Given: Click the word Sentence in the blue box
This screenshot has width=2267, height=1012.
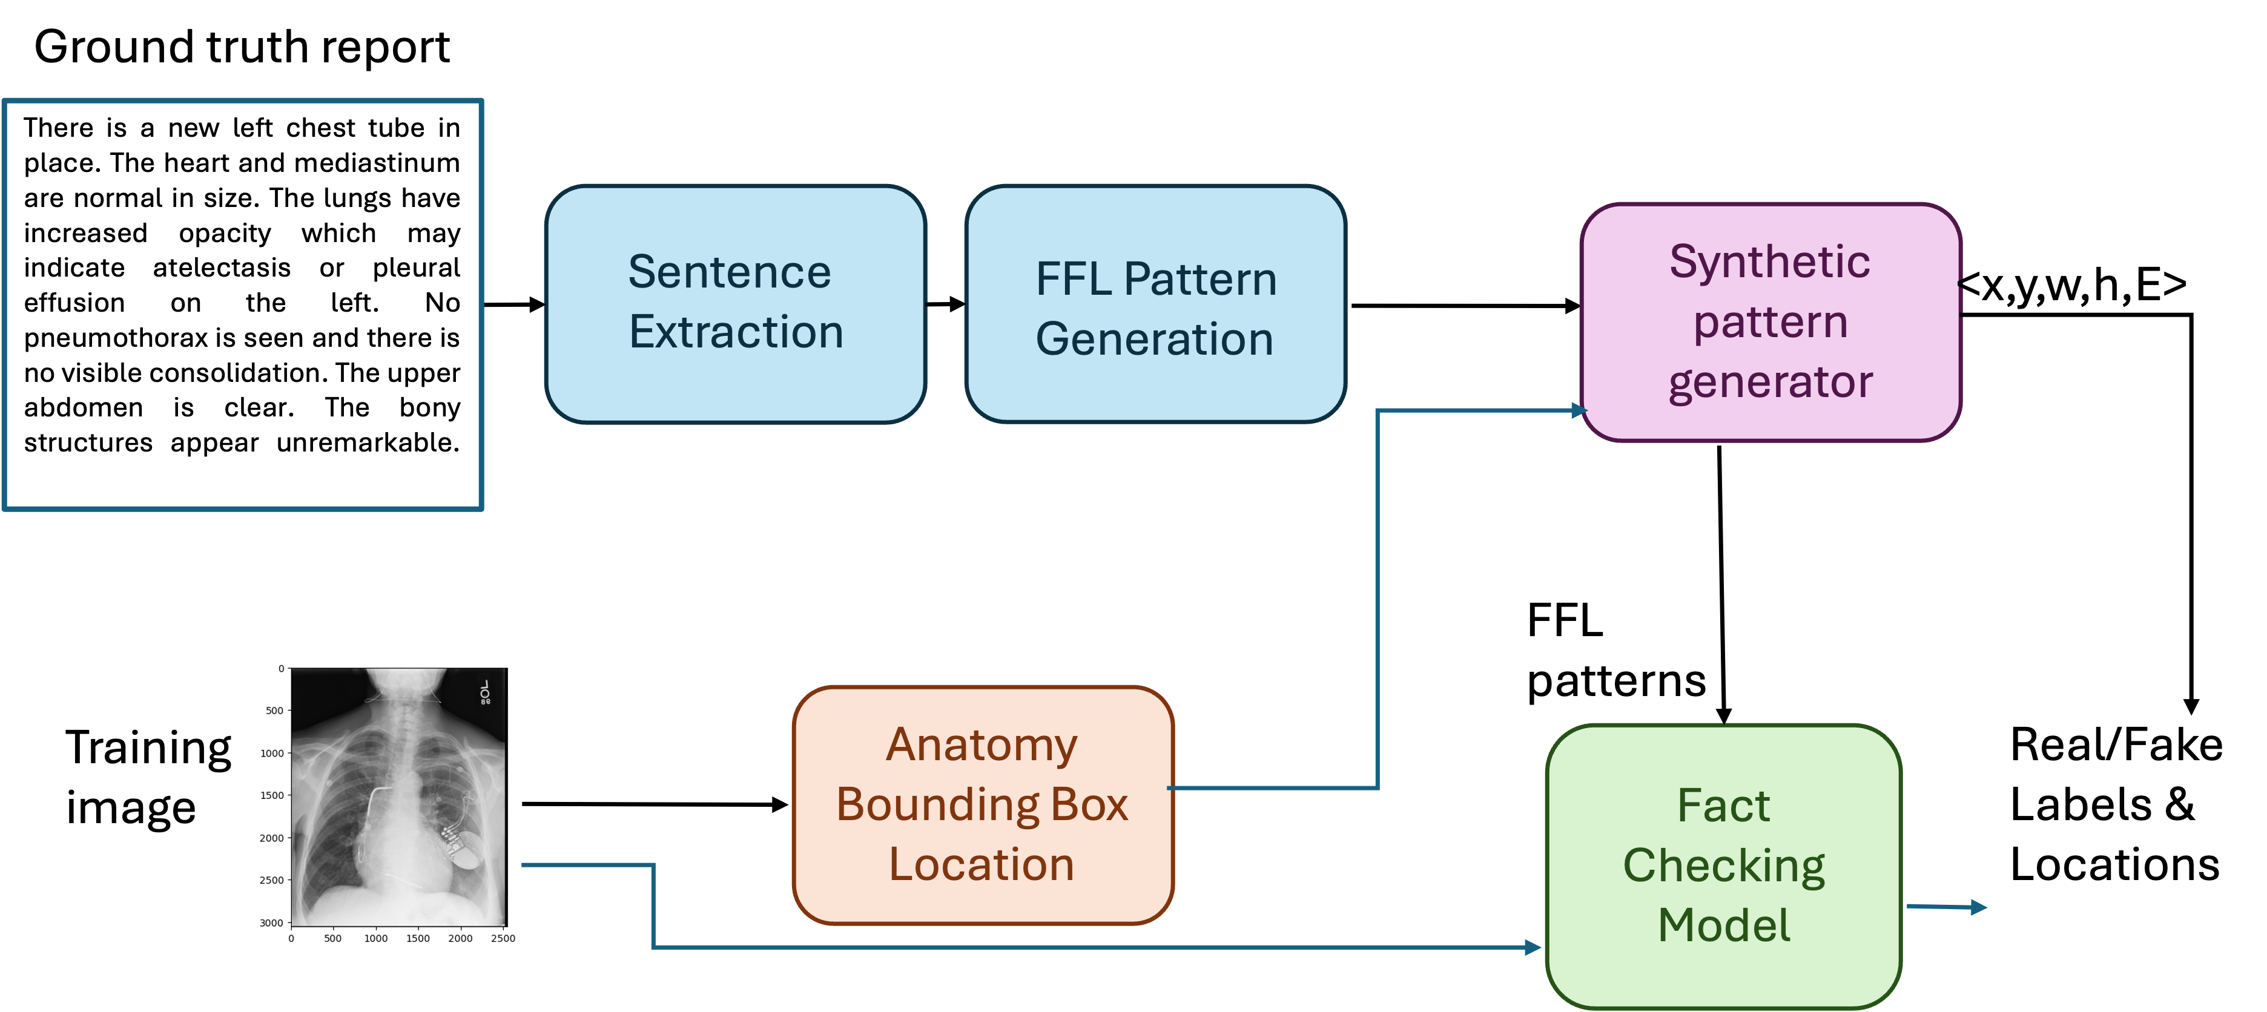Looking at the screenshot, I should [728, 272].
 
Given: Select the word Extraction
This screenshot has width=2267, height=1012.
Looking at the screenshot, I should [736, 332].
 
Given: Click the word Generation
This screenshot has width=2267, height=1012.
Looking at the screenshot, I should [1153, 340].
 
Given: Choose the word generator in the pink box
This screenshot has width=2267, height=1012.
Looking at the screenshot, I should [1770, 382].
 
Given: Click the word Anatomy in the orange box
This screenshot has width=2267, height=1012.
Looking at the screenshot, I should [982, 745].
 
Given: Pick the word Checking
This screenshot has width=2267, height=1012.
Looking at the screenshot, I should [1723, 866].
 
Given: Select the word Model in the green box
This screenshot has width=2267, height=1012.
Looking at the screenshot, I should [1723, 925].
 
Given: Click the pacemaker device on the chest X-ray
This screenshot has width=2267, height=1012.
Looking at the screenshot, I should [466, 853].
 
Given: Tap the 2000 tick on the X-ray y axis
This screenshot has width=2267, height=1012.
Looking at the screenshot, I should [271, 838].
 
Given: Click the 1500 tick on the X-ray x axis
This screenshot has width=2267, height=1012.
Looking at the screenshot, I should [418, 938].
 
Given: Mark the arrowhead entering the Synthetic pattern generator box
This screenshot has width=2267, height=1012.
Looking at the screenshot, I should [1578, 410].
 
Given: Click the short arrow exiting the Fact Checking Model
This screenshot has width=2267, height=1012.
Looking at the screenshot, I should [1949, 907].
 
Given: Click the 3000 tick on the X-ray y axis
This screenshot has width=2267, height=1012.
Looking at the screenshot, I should [271, 922].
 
